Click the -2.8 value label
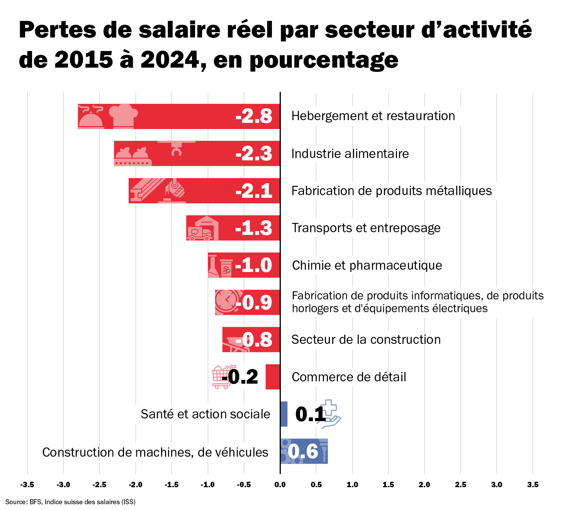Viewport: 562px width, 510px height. [x=254, y=116]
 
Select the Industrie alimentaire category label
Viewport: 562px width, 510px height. [x=350, y=154]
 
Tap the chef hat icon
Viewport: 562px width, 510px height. [x=123, y=116]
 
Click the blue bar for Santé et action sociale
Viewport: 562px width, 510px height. [x=284, y=414]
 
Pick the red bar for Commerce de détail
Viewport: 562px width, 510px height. [x=273, y=377]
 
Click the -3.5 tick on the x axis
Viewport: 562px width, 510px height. [x=27, y=484]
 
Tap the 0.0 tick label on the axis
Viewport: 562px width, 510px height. [x=280, y=484]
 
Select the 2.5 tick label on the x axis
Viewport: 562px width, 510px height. [x=460, y=484]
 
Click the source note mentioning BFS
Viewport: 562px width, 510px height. [x=70, y=502]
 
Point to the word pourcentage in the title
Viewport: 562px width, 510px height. [x=324, y=60]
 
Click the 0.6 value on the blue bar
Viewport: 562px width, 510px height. [x=303, y=451]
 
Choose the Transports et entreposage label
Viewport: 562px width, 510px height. [x=366, y=228]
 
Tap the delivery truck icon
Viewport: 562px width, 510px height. [x=199, y=233]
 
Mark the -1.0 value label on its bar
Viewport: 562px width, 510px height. [x=254, y=265]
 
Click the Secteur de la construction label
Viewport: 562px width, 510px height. [x=366, y=340]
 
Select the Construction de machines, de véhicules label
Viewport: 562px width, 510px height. [x=155, y=452]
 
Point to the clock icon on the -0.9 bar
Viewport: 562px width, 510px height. [x=227, y=301]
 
